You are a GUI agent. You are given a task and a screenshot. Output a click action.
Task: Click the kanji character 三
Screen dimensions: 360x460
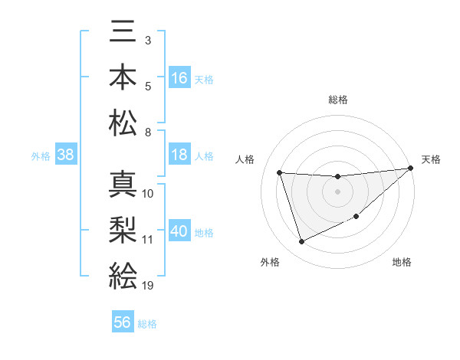tap(123, 32)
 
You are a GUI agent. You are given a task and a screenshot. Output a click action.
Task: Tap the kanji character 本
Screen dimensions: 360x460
tap(123, 77)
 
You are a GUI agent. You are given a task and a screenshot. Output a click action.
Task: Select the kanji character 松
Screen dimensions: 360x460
tap(123, 123)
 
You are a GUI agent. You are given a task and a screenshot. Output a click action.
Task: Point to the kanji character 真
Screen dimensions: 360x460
tap(123, 185)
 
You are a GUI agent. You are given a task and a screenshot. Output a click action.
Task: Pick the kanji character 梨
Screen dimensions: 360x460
tap(123, 230)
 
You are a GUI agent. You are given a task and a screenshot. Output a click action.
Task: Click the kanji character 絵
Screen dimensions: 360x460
tap(123, 275)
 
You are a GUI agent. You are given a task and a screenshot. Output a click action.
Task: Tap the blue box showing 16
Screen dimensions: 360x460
tap(179, 77)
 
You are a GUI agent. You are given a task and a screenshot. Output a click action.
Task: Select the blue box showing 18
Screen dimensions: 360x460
tap(179, 155)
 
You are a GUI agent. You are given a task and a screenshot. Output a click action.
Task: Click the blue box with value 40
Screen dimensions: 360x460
tap(179, 231)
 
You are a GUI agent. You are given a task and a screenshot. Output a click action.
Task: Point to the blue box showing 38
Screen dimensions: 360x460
tap(66, 155)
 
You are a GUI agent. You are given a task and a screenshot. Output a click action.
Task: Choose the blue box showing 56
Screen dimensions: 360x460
tap(123, 322)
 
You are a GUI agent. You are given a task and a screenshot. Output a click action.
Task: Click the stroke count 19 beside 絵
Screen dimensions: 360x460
tap(148, 286)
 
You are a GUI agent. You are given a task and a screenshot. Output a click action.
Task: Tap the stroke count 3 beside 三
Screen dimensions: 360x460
tap(147, 39)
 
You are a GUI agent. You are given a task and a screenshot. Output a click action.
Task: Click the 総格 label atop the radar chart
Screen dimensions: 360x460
tap(337, 100)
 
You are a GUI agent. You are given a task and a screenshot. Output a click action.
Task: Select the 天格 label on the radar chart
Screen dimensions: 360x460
tap(431, 159)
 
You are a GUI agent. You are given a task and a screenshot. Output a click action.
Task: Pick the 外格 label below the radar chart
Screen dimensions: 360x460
tap(269, 262)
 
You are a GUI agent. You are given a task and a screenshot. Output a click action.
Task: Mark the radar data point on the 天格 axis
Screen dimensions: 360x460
tap(411, 169)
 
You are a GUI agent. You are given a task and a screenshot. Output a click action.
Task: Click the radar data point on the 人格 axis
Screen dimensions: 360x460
tap(280, 172)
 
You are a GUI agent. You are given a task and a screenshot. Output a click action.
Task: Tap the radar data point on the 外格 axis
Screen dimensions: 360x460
tap(301, 241)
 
